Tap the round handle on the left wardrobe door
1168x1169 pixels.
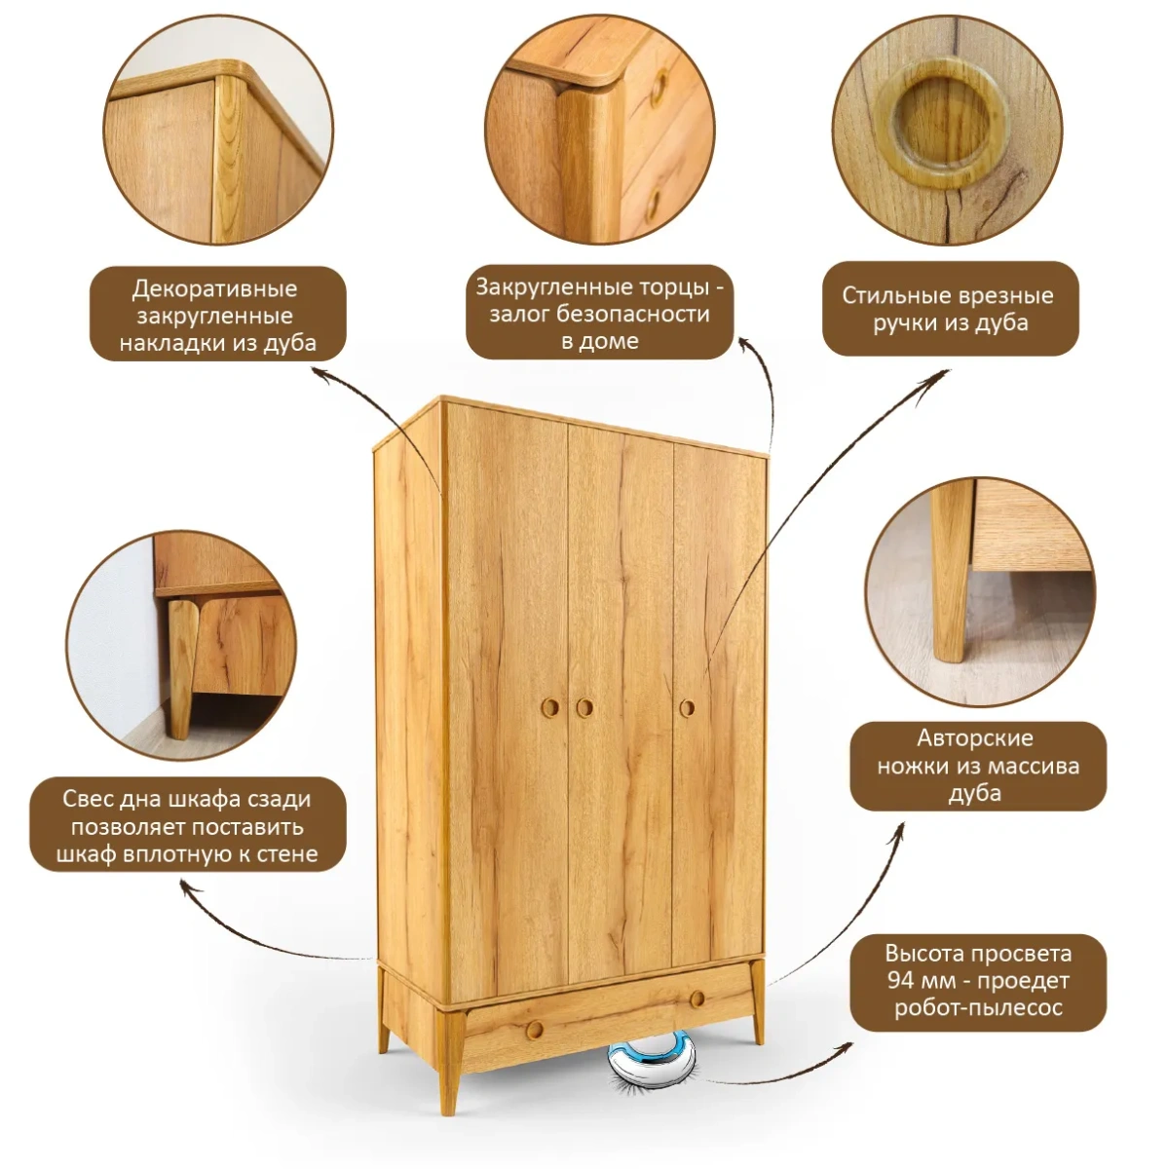click(x=550, y=706)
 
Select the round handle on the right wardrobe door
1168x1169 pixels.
click(x=687, y=707)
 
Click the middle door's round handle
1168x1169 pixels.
click(x=584, y=707)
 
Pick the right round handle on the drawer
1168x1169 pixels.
click(x=697, y=999)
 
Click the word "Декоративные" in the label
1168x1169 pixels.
click(x=214, y=288)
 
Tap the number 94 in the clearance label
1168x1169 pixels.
click(x=901, y=980)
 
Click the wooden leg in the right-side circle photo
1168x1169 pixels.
click(x=951, y=572)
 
